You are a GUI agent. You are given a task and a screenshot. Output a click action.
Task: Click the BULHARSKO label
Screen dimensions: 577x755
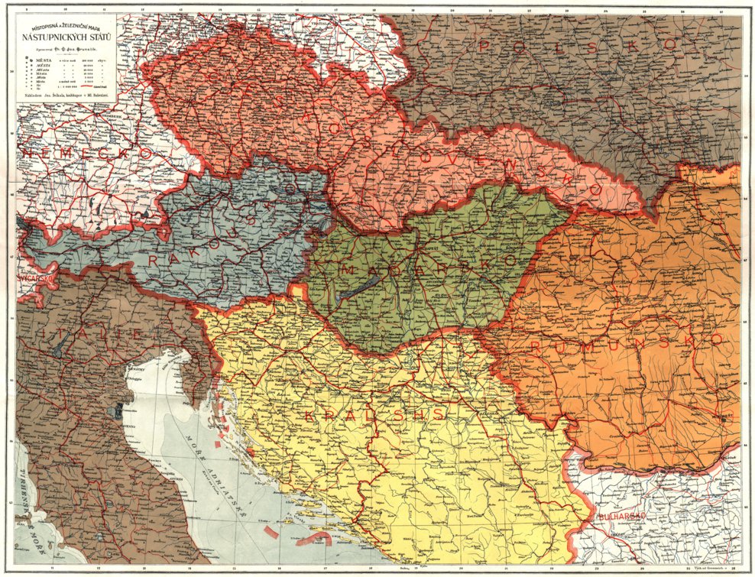[x=622, y=517]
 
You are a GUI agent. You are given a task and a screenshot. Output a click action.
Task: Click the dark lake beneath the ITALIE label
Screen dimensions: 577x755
[x=60, y=347]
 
